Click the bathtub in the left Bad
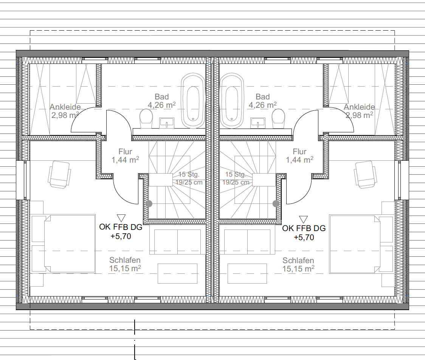(x=193, y=100)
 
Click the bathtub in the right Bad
(x=232, y=100)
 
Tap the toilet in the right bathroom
(x=279, y=118)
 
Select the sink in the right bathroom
(x=258, y=123)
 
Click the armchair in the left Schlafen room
(x=59, y=175)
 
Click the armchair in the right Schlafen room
(x=365, y=175)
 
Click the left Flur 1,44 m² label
(x=125, y=155)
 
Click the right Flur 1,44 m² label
(x=299, y=155)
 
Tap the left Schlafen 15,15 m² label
(x=125, y=264)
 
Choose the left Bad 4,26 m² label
(x=162, y=101)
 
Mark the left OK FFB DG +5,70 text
(x=121, y=231)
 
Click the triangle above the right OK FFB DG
(x=303, y=219)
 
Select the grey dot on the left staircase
(x=149, y=203)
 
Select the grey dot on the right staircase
(x=276, y=203)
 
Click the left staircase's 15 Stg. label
(x=189, y=174)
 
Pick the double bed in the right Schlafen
(x=361, y=244)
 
